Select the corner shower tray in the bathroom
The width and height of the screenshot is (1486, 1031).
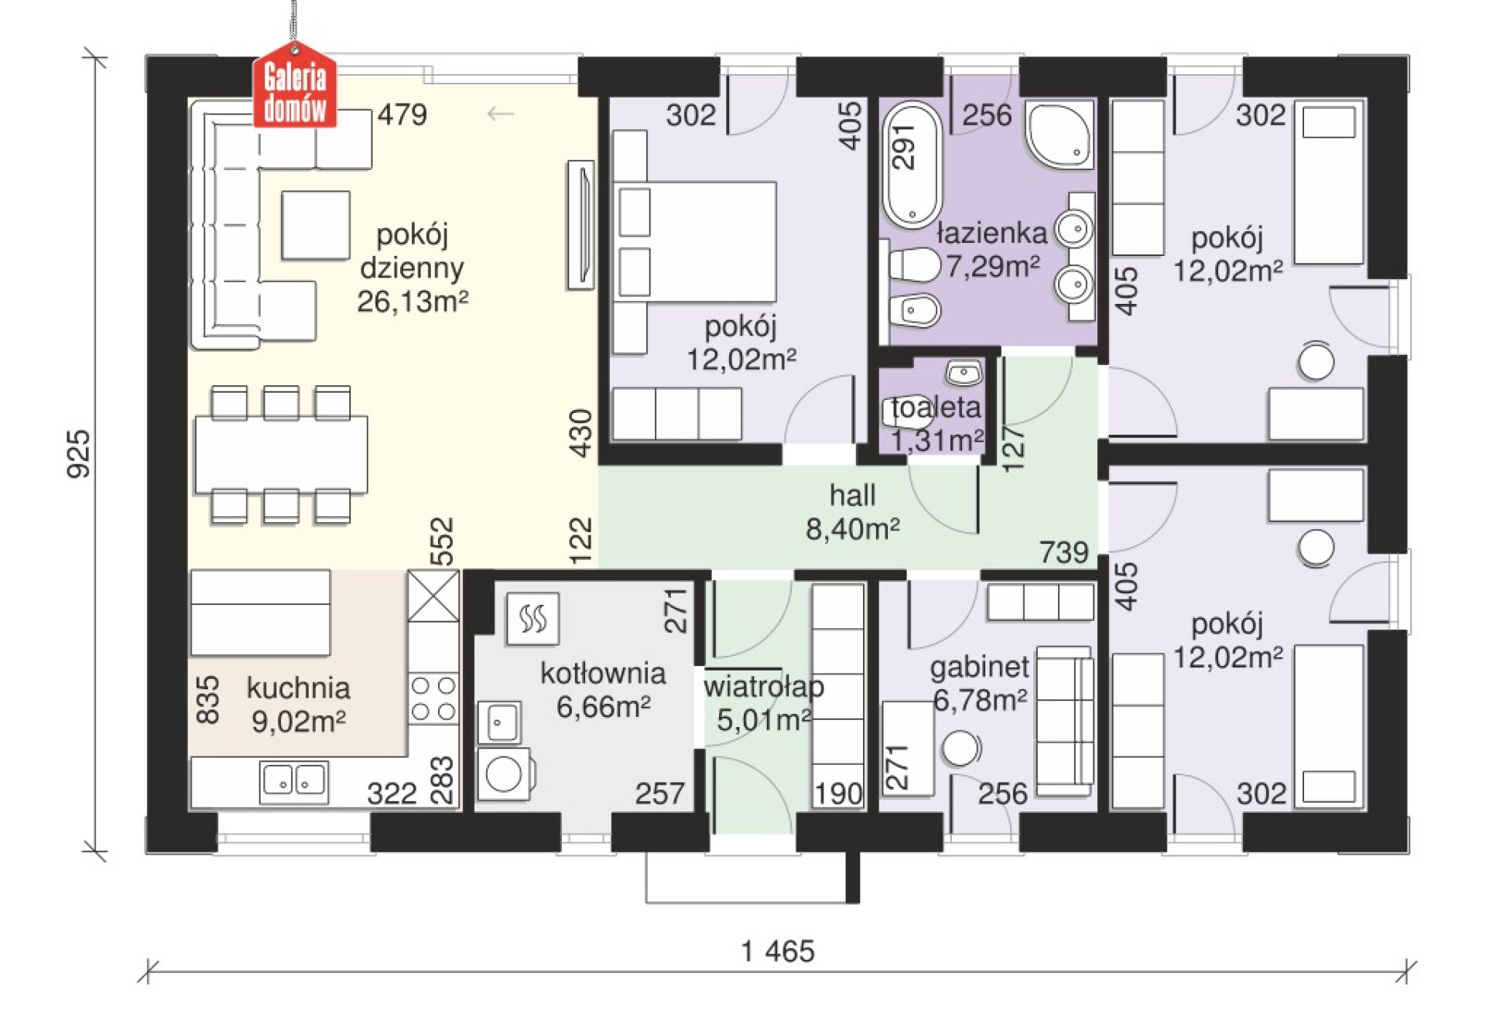tap(1059, 134)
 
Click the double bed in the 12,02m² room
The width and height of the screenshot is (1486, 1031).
tap(695, 242)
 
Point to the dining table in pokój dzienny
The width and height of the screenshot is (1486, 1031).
tap(281, 454)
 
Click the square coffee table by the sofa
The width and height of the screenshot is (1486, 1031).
tap(316, 225)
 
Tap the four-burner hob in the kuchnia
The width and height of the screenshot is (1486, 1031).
tap(433, 698)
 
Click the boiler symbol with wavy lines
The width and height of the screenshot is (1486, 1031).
tap(532, 619)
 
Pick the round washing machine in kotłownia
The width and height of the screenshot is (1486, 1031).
tap(505, 773)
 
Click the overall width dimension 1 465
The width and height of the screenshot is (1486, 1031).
tap(778, 951)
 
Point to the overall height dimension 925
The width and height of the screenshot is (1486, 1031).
tap(79, 454)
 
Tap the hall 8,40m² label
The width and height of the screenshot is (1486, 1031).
tap(852, 512)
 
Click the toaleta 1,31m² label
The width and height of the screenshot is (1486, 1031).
tap(936, 424)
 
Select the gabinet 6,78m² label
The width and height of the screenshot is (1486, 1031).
tap(980, 683)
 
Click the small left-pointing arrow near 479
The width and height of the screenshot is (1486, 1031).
tap(501, 114)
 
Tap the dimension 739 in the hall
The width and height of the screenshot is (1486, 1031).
tap(1064, 552)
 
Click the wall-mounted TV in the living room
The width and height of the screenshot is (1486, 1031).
tap(581, 225)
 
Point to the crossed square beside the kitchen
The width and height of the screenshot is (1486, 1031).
tap(433, 596)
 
